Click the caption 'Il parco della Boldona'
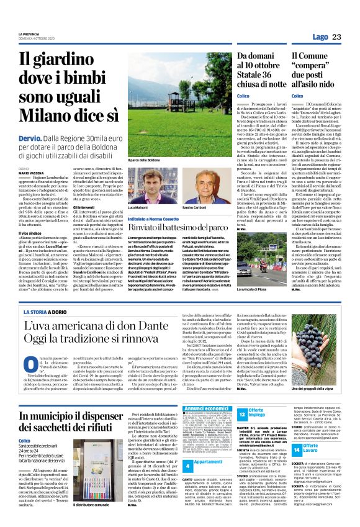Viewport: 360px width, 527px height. pos(143,160)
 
